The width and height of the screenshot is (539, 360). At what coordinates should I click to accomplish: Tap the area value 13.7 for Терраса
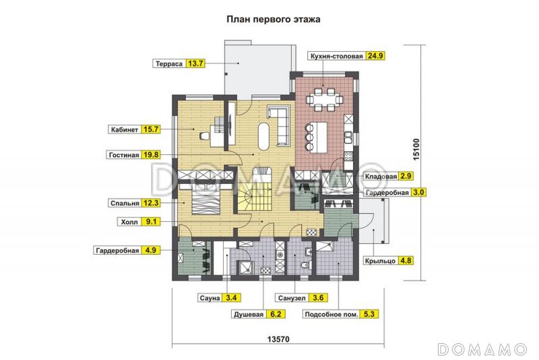click(x=196, y=63)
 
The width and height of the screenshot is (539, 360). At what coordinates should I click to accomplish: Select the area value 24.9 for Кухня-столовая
click(x=375, y=56)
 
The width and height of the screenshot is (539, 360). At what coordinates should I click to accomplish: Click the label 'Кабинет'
click(x=123, y=129)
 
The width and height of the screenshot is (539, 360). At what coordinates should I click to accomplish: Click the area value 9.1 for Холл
click(x=151, y=220)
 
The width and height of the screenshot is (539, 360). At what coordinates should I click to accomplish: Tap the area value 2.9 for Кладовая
click(x=406, y=177)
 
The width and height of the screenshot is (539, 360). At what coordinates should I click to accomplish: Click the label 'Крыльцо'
click(x=379, y=260)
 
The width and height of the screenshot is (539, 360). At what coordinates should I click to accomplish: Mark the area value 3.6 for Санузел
click(x=319, y=297)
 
